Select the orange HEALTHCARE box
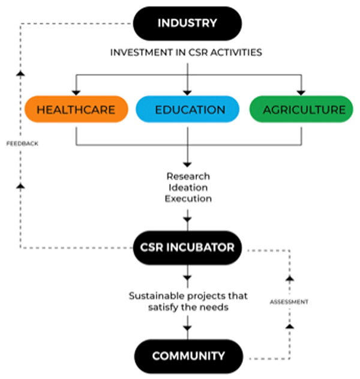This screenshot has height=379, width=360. (x=76, y=110)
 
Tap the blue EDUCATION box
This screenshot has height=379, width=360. (x=189, y=110)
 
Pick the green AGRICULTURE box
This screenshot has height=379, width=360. (x=301, y=110)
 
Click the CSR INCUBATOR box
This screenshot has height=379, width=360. (x=188, y=247)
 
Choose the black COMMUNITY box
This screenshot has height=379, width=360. (x=188, y=356)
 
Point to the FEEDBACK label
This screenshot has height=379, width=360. (x=22, y=145)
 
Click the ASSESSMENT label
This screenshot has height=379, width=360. (x=289, y=302)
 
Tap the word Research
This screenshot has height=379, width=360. (x=188, y=176)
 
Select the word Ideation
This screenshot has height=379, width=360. (x=188, y=187)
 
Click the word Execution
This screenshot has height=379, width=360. (x=188, y=198)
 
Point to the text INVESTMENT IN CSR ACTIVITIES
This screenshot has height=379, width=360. (x=186, y=53)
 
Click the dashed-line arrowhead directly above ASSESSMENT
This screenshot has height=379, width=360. (x=289, y=279)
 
